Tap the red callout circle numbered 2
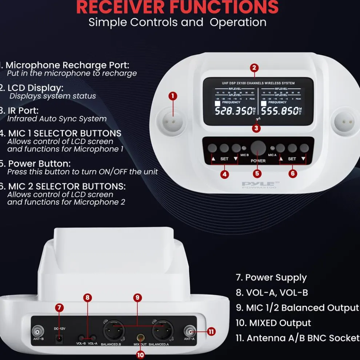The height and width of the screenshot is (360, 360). click(254, 68)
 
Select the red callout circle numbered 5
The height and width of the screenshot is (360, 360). click(257, 174)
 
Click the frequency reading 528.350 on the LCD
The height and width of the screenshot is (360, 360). click(233, 111)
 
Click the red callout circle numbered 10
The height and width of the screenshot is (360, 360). click(140, 353)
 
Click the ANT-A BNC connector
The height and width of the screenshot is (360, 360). click(189, 331)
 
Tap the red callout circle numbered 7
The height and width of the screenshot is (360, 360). click(60, 308)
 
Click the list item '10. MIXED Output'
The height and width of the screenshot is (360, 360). click(273, 323)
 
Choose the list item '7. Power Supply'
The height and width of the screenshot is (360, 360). click(271, 277)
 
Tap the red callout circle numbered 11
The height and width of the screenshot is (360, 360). click(211, 331)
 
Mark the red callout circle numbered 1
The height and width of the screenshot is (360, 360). click(173, 96)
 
